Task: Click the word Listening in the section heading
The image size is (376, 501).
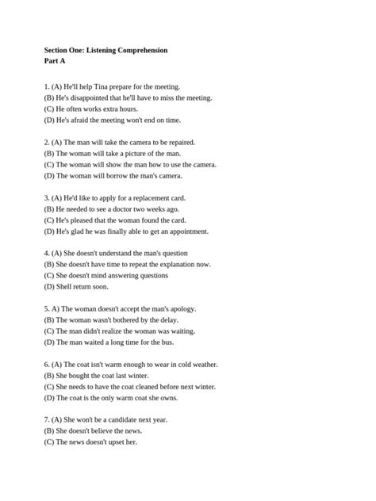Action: tap(101, 50)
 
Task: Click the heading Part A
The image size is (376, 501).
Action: tap(56, 61)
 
